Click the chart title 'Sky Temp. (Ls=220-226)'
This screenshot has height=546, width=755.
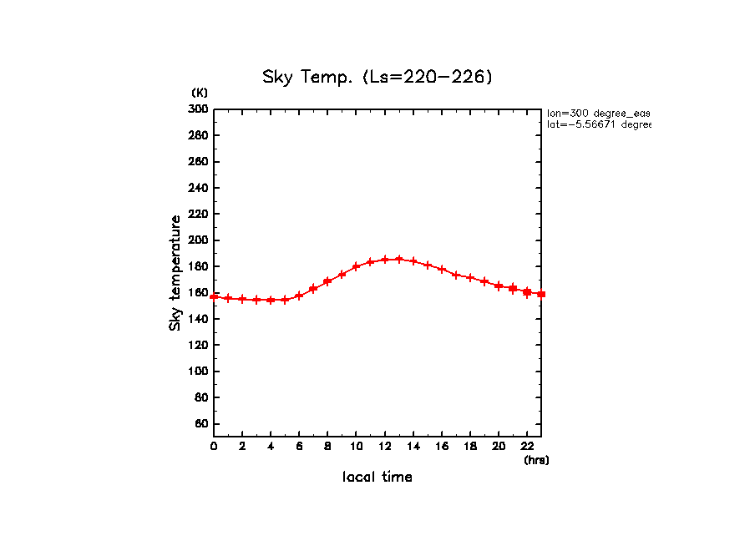(x=377, y=78)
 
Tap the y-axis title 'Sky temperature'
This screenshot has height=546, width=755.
(x=175, y=273)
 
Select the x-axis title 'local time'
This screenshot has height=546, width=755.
(x=377, y=478)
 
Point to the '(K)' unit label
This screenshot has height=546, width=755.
(x=200, y=93)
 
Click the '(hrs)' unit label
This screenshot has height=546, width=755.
(x=536, y=460)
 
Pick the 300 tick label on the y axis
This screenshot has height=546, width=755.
(x=199, y=109)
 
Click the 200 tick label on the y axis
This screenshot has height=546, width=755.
(x=199, y=240)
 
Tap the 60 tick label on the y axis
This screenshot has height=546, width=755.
(x=201, y=424)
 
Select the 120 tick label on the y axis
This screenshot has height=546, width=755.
(x=199, y=346)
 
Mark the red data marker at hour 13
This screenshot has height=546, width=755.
(x=399, y=259)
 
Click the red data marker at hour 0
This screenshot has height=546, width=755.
(x=214, y=296)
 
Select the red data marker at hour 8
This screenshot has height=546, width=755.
(x=327, y=281)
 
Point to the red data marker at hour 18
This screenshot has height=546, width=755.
(x=470, y=277)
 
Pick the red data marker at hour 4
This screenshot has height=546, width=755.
(x=271, y=300)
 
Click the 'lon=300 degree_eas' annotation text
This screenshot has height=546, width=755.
(x=598, y=113)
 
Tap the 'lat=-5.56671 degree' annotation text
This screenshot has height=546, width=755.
(x=598, y=124)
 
